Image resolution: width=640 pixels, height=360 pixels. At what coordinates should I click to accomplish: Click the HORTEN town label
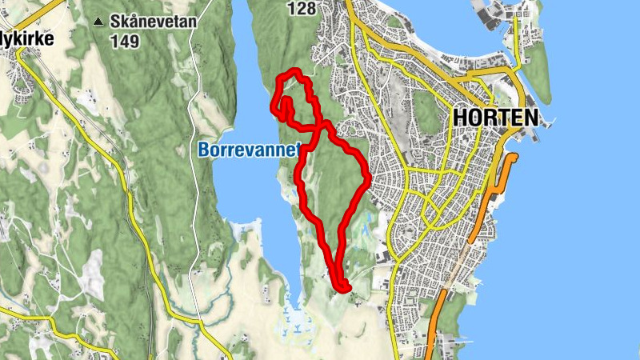494,118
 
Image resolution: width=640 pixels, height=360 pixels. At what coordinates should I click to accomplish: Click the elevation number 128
302,9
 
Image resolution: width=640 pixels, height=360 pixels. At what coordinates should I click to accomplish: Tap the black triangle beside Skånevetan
98,22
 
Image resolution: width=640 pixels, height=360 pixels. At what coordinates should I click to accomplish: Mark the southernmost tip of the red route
344,289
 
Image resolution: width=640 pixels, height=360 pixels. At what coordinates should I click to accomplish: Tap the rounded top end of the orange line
512,157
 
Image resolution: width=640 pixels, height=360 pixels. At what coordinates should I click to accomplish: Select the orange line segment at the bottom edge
433,340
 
